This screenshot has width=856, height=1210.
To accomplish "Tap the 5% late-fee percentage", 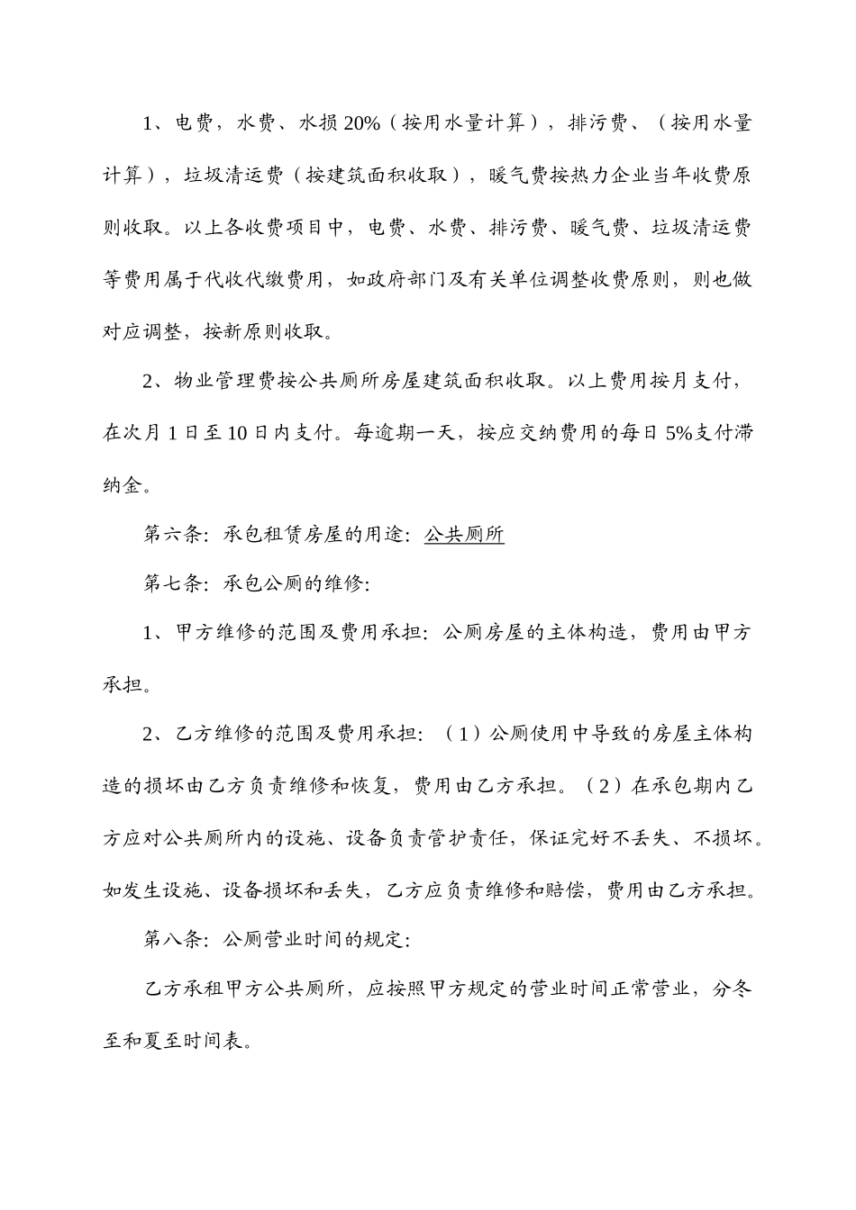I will [678, 433].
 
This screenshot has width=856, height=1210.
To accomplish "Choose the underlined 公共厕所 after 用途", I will [464, 535].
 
